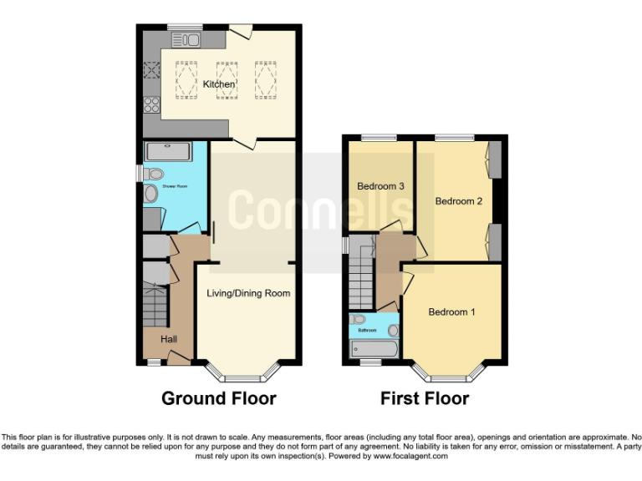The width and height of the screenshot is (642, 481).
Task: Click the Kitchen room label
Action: click(218, 84)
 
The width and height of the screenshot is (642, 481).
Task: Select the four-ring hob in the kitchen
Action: click(152, 104)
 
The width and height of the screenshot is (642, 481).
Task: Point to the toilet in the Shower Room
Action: click(152, 175)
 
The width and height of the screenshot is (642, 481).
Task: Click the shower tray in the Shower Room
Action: click(168, 151)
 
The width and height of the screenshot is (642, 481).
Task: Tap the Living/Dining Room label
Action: click(248, 293)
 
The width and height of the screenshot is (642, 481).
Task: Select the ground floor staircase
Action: click(155, 306)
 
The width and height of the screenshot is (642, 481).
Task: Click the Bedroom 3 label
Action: click(380, 186)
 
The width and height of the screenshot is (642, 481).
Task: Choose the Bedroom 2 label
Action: click(459, 201)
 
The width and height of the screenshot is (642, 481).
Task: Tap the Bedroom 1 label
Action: click(451, 312)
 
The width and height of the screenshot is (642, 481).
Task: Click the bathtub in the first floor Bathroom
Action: click(374, 347)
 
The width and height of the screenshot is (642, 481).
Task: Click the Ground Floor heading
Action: click(218, 398)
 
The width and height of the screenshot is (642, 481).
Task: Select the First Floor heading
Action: click(425, 398)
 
